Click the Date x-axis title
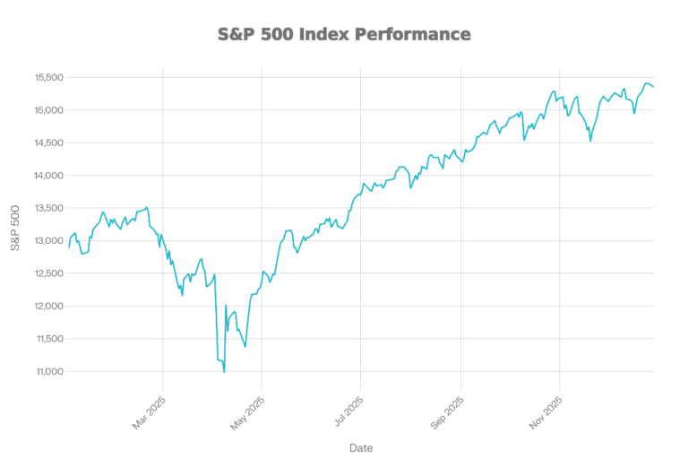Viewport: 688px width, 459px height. (x=362, y=446)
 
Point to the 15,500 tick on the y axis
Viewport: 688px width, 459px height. (x=48, y=78)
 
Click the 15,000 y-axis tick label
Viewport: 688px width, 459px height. (x=48, y=110)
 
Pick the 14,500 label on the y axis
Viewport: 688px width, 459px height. (x=48, y=143)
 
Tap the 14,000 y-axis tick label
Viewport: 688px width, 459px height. (x=48, y=176)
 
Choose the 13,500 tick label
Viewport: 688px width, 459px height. (x=48, y=208)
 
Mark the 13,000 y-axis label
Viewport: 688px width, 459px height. (x=48, y=241)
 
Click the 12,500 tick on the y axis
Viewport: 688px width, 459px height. (x=48, y=273)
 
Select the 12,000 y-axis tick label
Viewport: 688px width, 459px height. (x=48, y=306)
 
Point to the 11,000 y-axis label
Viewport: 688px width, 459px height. (x=48, y=371)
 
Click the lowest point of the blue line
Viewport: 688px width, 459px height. (x=224, y=368)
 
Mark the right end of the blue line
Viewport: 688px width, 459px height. (x=654, y=87)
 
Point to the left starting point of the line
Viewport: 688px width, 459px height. (x=69, y=247)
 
